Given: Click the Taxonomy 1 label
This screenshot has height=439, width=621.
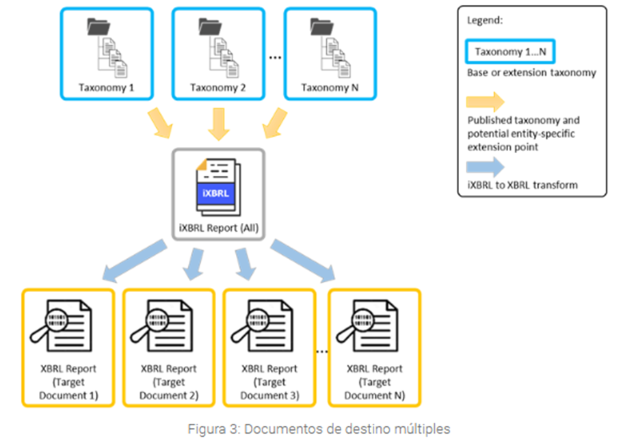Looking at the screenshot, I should coord(105,88).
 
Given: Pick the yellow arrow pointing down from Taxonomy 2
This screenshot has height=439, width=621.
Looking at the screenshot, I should coord(218,122).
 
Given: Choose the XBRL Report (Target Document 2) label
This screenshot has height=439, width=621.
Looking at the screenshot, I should coord(168,382).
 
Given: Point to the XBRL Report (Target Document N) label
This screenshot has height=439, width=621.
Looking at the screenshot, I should coord(374,382).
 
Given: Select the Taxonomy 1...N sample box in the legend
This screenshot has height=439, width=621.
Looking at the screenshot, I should coord(510,51).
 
